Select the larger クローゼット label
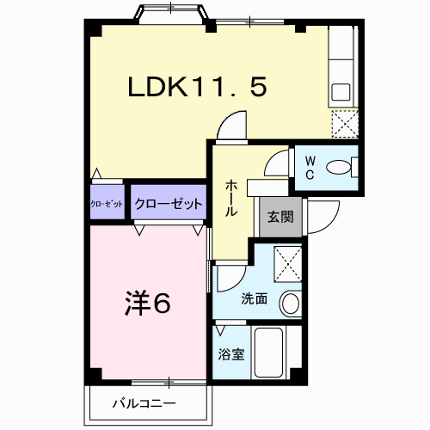(169, 204)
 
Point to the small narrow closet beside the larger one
(107, 204)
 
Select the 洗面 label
(254, 300)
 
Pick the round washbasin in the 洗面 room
(291, 304)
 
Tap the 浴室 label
(231, 353)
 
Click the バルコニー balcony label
(144, 403)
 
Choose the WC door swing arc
(279, 165)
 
